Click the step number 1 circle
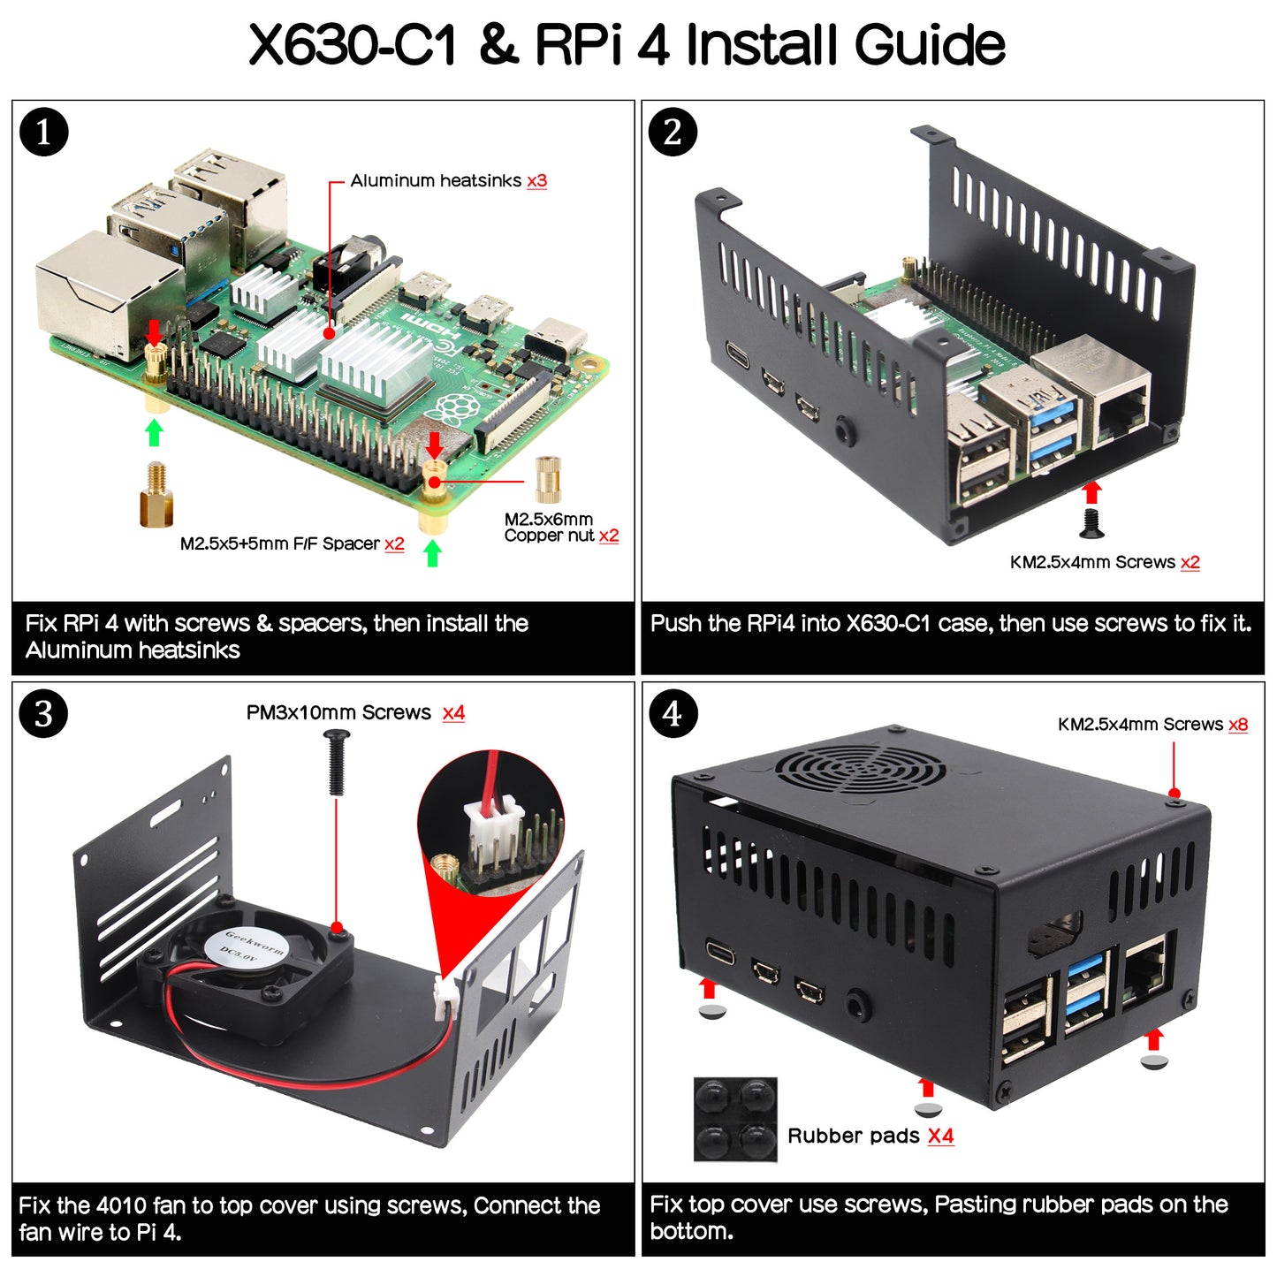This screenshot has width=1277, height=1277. pyautogui.click(x=43, y=133)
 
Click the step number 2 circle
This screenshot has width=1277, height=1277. pyautogui.click(x=673, y=133)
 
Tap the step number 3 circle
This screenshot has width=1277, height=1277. pyautogui.click(x=43, y=714)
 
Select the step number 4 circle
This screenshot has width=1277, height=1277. pyautogui.click(x=673, y=714)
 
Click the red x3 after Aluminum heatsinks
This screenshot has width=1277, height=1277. pyautogui.click(x=536, y=181)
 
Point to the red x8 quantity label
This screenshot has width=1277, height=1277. pyautogui.click(x=1238, y=725)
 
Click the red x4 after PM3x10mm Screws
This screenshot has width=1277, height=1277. pyautogui.click(x=453, y=713)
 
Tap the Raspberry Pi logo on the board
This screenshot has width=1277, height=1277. pyautogui.click(x=452, y=409)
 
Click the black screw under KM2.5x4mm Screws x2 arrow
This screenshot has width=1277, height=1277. pyautogui.click(x=1091, y=523)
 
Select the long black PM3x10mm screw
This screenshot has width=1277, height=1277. pyautogui.click(x=336, y=762)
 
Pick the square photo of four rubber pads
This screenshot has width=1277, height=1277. pyautogui.click(x=734, y=1118)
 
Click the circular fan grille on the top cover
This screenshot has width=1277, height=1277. pyautogui.click(x=859, y=767)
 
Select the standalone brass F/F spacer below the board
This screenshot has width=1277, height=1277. pyautogui.click(x=156, y=496)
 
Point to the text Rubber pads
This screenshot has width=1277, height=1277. pyautogui.click(x=853, y=1136)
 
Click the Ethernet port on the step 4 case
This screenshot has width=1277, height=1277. pyautogui.click(x=1147, y=972)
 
